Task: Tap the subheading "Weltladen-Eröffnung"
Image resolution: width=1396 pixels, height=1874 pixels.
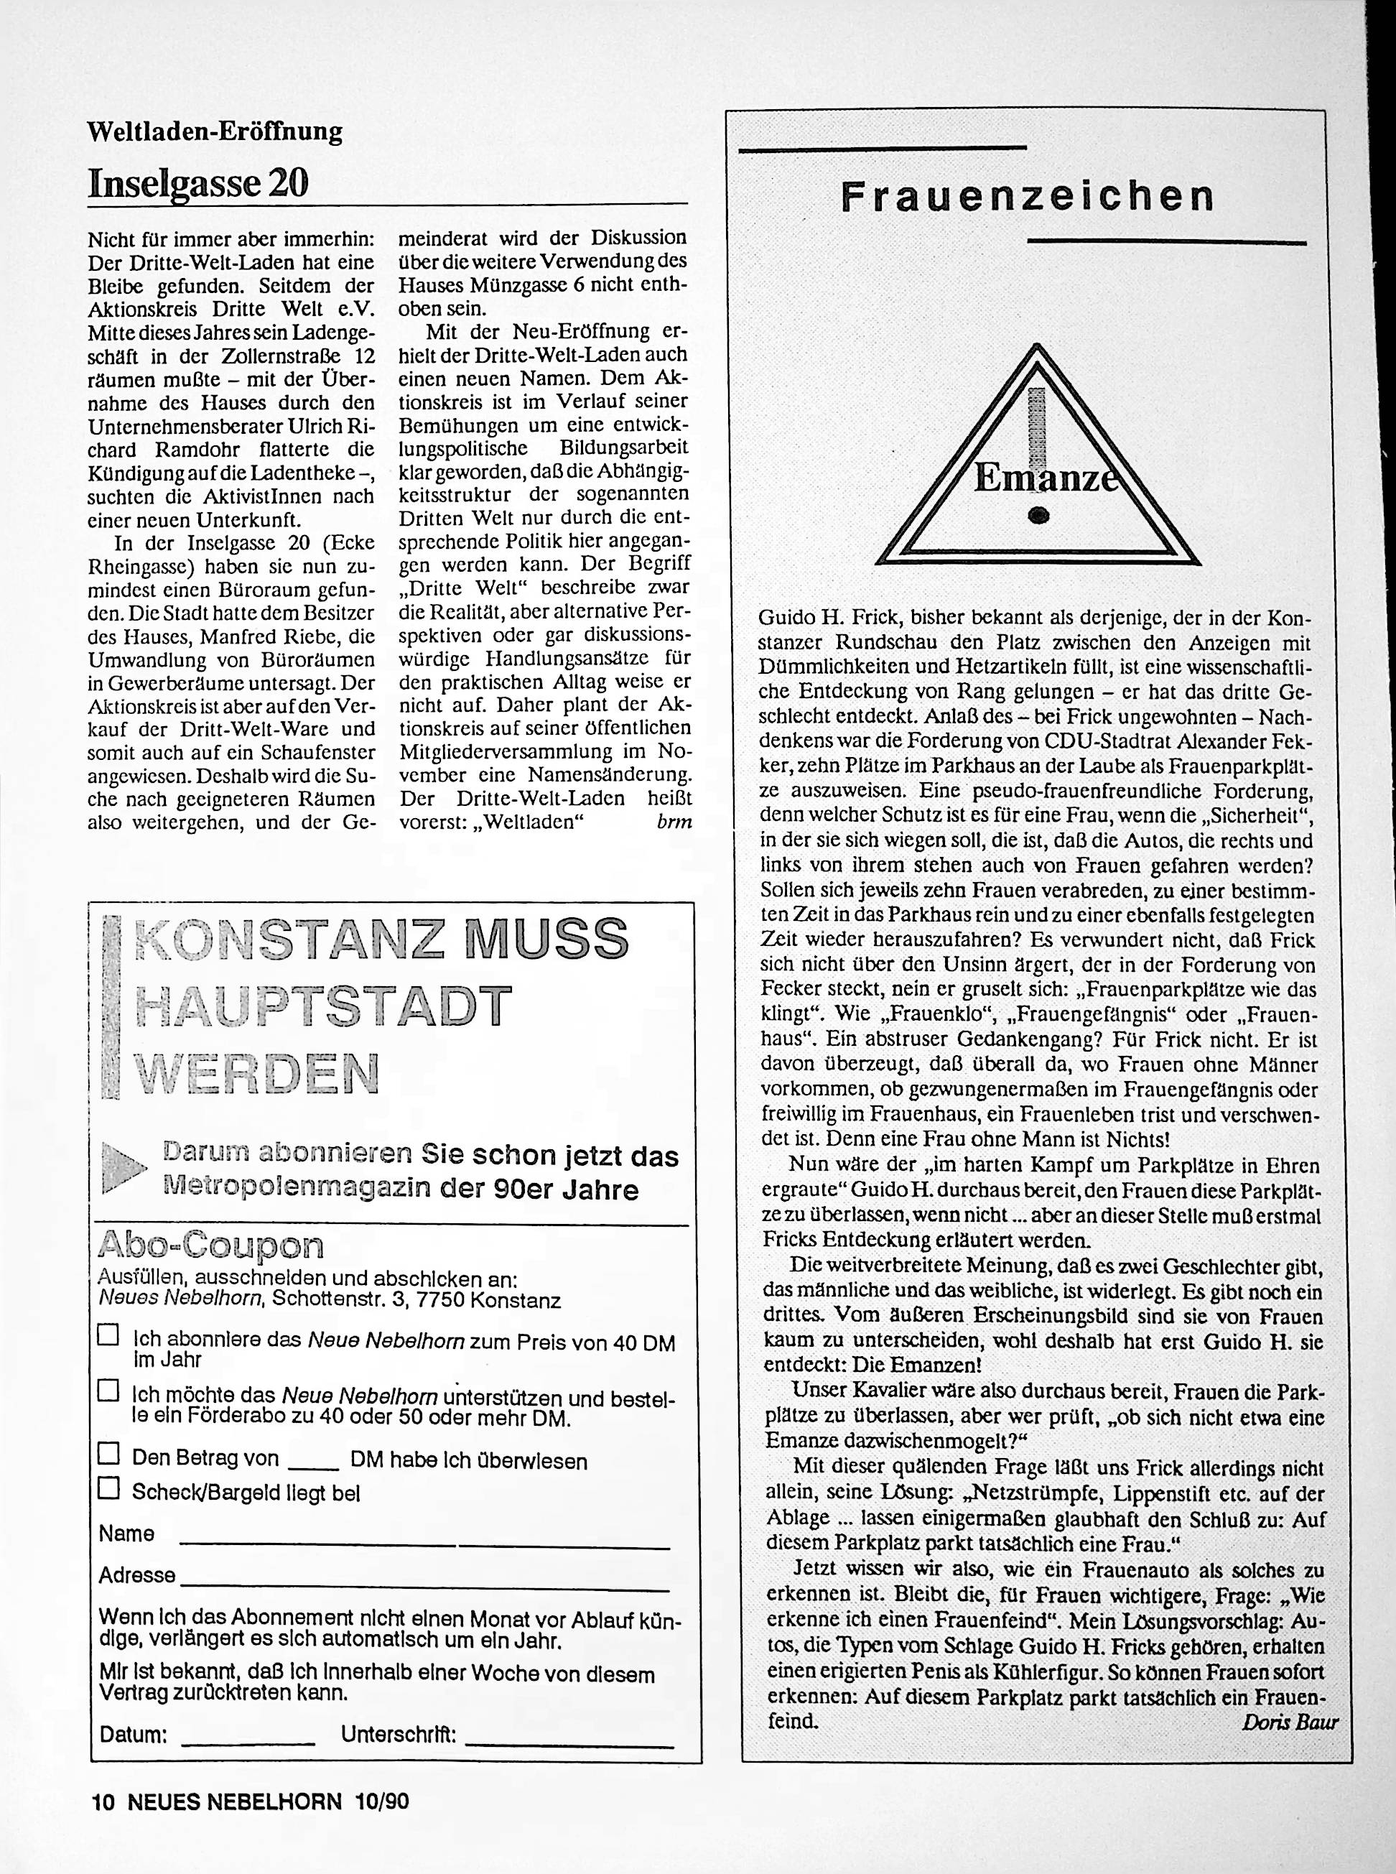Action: [x=215, y=132]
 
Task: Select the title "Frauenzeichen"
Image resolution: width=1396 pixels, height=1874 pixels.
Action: [x=1027, y=198]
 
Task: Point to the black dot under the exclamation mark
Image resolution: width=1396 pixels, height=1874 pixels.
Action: [x=1039, y=516]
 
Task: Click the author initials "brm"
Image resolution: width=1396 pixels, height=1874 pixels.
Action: [x=674, y=821]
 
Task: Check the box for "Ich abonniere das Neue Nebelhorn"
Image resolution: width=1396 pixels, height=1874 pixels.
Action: [x=108, y=1335]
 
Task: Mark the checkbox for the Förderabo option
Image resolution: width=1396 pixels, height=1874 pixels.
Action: [x=108, y=1391]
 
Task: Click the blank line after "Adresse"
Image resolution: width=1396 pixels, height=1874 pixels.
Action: [x=424, y=1582]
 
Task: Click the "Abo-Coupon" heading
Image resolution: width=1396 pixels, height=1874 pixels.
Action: [x=210, y=1245]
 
